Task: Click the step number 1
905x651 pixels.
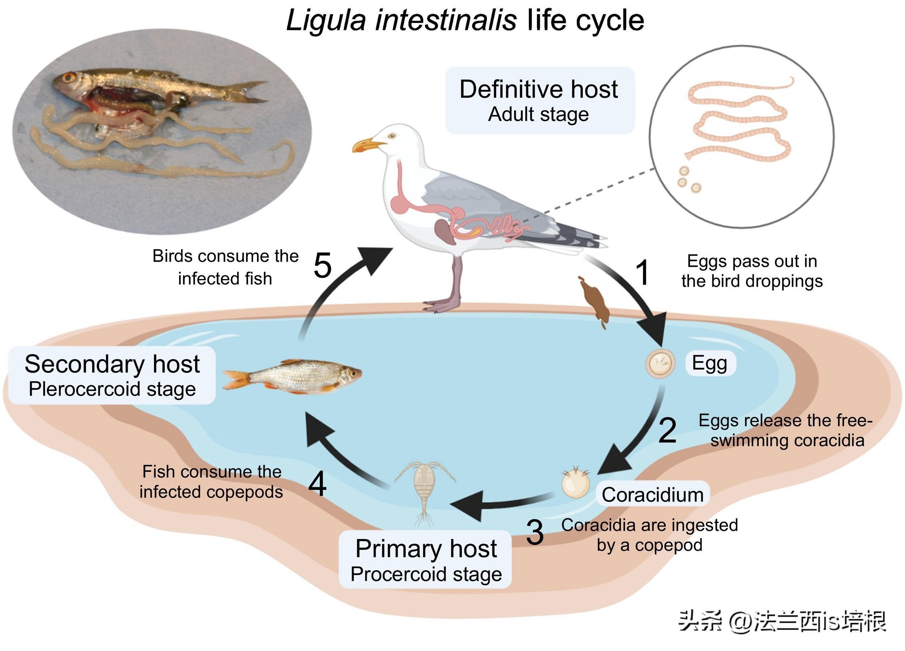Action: (x=643, y=273)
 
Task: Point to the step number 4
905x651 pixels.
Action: (x=317, y=484)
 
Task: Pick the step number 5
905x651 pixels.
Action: (x=323, y=265)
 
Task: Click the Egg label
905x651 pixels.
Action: (x=710, y=363)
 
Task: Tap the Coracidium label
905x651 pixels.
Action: (x=652, y=495)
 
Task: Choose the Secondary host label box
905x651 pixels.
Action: (x=112, y=375)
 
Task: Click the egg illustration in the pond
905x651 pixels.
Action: (x=660, y=364)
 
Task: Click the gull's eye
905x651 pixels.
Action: (x=392, y=136)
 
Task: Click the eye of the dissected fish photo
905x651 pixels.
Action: (x=70, y=77)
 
